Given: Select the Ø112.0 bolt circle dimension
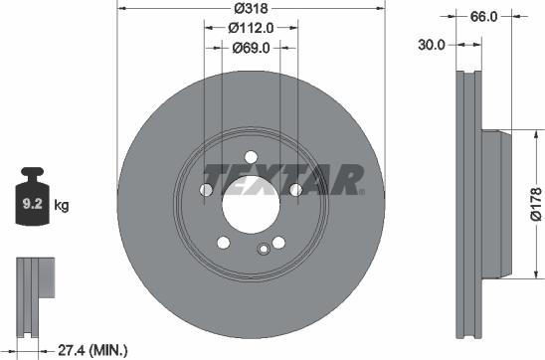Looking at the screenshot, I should tap(251, 28).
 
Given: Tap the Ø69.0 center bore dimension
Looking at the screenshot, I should tap(251, 47).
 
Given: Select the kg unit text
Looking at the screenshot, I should tap(62, 206).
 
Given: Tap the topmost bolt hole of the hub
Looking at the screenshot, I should tap(251, 152).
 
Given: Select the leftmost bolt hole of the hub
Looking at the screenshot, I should tap(206, 190).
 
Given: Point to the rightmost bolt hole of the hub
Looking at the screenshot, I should tap(296, 190).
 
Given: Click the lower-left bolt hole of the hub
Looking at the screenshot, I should tap(223, 244).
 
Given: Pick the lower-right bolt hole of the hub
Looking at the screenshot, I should tap(279, 244).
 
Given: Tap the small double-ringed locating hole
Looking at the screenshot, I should tap(264, 251).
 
